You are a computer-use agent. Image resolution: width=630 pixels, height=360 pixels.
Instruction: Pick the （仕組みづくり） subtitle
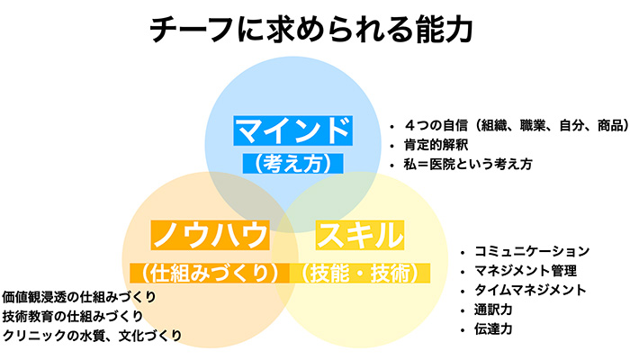209,270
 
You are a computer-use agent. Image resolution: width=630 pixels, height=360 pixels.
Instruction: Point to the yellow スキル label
359,235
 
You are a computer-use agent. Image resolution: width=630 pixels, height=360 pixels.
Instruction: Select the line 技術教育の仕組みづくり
73,316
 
